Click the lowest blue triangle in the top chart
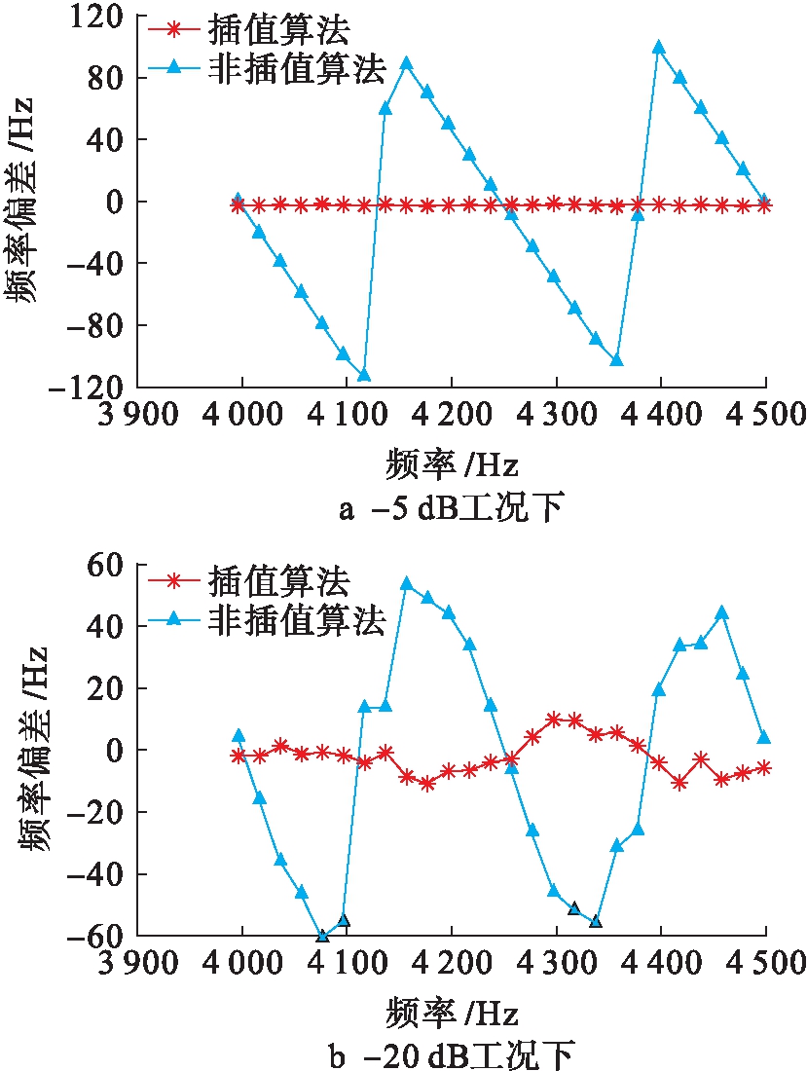click(x=364, y=375)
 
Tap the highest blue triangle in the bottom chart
click(x=407, y=584)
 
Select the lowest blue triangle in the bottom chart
click(x=323, y=936)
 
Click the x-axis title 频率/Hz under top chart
click(x=450, y=465)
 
